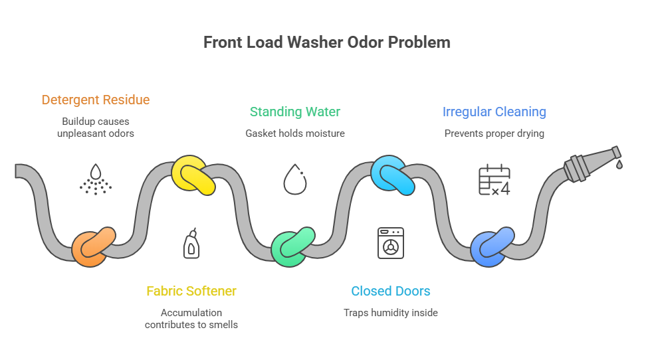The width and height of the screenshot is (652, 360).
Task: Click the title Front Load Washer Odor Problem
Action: tap(326, 43)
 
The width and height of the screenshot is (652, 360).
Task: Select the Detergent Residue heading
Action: tap(95, 100)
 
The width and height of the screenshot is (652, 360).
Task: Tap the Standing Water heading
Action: tap(294, 112)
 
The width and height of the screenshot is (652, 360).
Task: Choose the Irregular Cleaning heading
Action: tap(494, 112)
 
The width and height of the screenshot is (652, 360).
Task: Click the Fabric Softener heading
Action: tap(191, 291)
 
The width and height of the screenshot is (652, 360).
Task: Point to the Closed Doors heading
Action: tap(390, 291)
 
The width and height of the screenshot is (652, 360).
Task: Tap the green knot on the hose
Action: tap(292, 246)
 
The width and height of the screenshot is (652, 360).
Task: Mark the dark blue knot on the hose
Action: tap(492, 246)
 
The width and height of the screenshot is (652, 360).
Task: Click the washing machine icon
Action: tap(390, 242)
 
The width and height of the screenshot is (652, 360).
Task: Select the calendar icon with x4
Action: tap(494, 180)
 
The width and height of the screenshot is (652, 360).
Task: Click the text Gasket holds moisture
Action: tap(294, 134)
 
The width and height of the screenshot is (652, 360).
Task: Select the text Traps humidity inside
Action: tap(390, 312)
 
